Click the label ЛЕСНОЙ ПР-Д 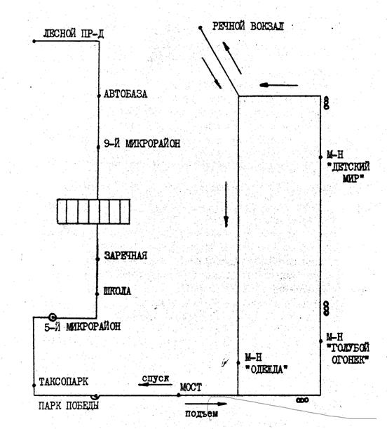click(73, 34)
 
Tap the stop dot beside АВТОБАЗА click(99, 95)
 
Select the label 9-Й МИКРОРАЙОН click(142, 143)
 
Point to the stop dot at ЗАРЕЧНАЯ click(97, 259)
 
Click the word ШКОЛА click(118, 291)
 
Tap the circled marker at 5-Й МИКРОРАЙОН click(52, 317)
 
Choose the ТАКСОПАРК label click(64, 382)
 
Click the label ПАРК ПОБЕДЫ click(69, 405)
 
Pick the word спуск click(156, 378)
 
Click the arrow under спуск click(155, 385)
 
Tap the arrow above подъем click(206, 404)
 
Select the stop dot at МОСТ click(179, 395)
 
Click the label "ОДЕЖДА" click(266, 369)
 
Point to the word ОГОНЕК click(350, 359)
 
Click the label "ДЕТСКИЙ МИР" click(349, 172)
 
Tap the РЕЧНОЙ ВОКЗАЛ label click(248, 26)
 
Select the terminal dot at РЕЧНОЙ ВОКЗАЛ click(201, 27)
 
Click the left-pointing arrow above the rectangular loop click(278, 85)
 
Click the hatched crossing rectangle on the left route click(93, 211)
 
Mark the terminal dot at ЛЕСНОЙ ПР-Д click(34, 41)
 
